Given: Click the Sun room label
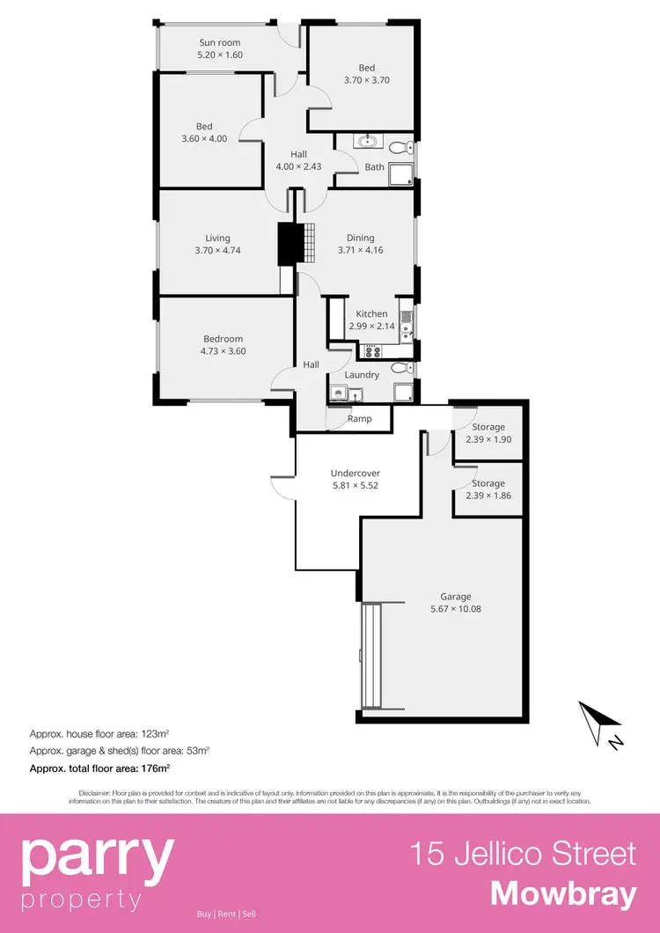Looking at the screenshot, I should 220,42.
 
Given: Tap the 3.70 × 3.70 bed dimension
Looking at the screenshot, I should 367,80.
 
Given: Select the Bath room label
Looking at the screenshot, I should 375,167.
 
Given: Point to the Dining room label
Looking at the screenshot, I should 360,238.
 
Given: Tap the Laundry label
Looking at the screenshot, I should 362,375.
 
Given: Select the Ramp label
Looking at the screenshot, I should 359,419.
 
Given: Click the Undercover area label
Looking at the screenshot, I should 356,473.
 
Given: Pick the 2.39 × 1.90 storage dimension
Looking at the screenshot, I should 488,440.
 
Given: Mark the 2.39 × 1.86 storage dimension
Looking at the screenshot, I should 488,496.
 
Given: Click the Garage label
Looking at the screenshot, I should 457,597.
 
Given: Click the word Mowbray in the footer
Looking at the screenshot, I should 563,893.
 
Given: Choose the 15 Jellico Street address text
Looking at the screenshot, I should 524,853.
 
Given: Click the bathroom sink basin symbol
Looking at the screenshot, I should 366,142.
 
